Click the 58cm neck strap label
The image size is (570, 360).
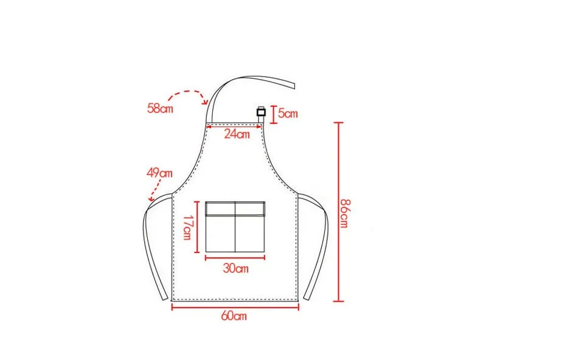pyautogui.click(x=160, y=108)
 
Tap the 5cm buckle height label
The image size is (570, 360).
pyautogui.click(x=288, y=113)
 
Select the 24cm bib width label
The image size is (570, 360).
pyautogui.click(x=237, y=134)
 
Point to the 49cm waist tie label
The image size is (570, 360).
pyautogui.click(x=159, y=173)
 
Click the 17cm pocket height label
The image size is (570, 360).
pyautogui.click(x=187, y=227)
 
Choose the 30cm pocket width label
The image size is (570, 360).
pyautogui.click(x=235, y=268)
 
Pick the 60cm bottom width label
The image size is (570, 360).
pyautogui.click(x=234, y=316)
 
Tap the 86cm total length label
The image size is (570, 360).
pyautogui.click(x=344, y=213)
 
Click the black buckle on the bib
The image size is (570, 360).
pyautogui.click(x=261, y=112)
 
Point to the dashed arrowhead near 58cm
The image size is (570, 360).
pyautogui.click(x=206, y=102)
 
